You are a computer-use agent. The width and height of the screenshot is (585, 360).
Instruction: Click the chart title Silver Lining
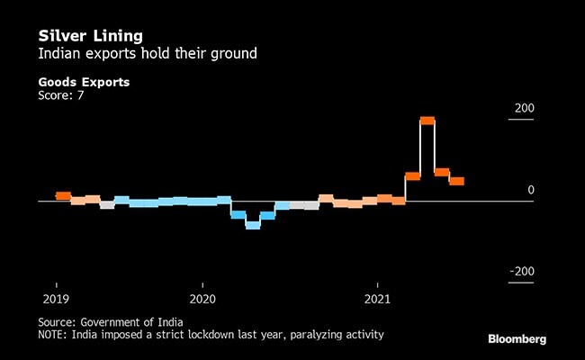click(x=90, y=37)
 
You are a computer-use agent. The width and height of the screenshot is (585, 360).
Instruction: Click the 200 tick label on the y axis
click(x=524, y=109)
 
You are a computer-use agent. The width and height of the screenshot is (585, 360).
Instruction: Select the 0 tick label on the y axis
click(x=530, y=191)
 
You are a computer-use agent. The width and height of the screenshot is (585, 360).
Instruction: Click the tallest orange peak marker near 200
click(x=427, y=121)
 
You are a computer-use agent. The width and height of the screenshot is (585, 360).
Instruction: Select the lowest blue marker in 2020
click(x=253, y=225)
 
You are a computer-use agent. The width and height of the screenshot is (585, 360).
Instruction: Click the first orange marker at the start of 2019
click(x=63, y=195)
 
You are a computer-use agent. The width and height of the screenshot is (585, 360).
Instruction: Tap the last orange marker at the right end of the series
click(x=456, y=181)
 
